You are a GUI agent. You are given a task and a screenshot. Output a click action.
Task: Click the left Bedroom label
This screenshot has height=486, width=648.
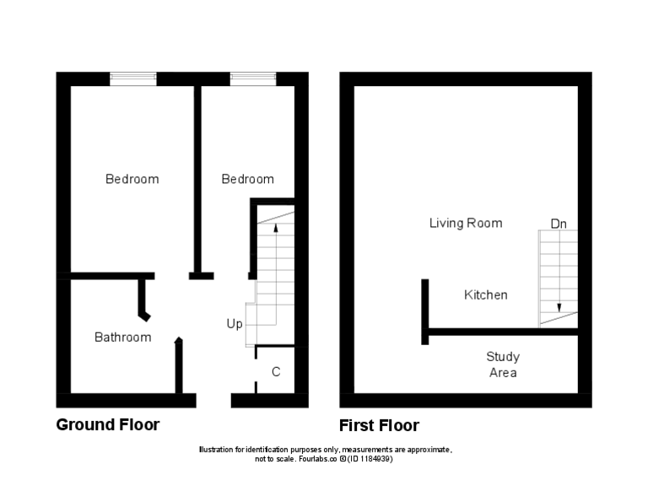tap(132, 179)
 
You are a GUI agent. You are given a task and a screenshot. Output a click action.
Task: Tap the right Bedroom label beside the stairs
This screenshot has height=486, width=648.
tap(247, 179)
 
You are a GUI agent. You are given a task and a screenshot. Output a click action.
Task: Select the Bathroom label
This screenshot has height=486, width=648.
tap(122, 337)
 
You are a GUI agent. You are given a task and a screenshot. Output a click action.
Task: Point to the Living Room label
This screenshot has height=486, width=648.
tap(466, 224)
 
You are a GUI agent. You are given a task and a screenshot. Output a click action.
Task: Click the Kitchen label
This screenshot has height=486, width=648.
tap(486, 295)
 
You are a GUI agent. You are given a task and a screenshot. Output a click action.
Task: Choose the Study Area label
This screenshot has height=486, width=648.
tap(503, 364)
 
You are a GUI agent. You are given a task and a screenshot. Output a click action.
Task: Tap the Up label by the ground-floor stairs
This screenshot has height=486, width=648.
tap(235, 324)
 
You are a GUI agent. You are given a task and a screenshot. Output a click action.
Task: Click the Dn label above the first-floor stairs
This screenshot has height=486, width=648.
tap(559, 224)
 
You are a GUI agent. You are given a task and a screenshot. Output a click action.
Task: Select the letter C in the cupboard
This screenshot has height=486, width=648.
tap(276, 372)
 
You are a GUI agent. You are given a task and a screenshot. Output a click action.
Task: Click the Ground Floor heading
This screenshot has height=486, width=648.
tap(107, 424)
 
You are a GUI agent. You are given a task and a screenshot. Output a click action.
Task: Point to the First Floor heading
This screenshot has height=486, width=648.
tap(379, 425)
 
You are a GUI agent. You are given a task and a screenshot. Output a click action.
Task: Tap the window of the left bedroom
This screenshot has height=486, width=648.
tap(133, 78)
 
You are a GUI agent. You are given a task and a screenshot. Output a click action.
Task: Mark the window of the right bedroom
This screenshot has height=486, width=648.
tap(253, 78)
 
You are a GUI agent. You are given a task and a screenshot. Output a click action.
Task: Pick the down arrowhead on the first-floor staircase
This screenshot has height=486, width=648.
tap(559, 308)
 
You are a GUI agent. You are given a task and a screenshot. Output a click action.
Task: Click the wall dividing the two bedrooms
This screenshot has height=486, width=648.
tap(197, 177)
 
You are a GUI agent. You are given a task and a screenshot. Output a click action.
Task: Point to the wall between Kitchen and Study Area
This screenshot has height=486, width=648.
tap(502, 332)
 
